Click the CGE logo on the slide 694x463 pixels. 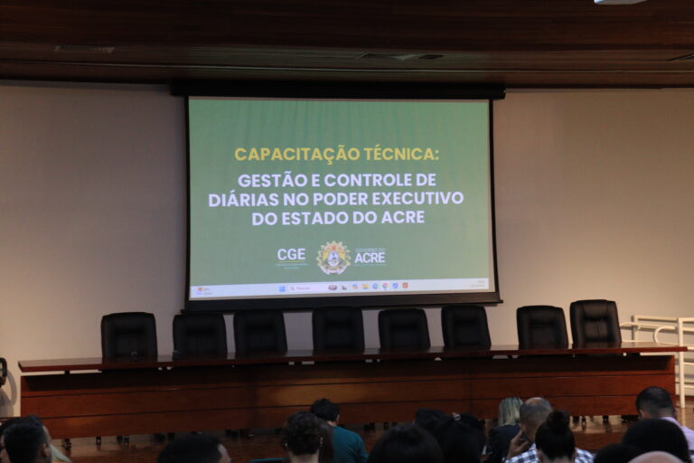click(x=291, y=256)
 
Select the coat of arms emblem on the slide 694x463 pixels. click(x=333, y=258)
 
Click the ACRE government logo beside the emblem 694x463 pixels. click(x=370, y=257)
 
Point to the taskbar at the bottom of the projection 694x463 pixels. click(x=341, y=288)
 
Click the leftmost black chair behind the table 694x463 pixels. click(x=128, y=335)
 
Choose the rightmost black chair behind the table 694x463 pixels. click(x=595, y=324)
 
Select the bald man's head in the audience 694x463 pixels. click(x=535, y=417)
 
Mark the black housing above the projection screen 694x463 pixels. click(x=338, y=90)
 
